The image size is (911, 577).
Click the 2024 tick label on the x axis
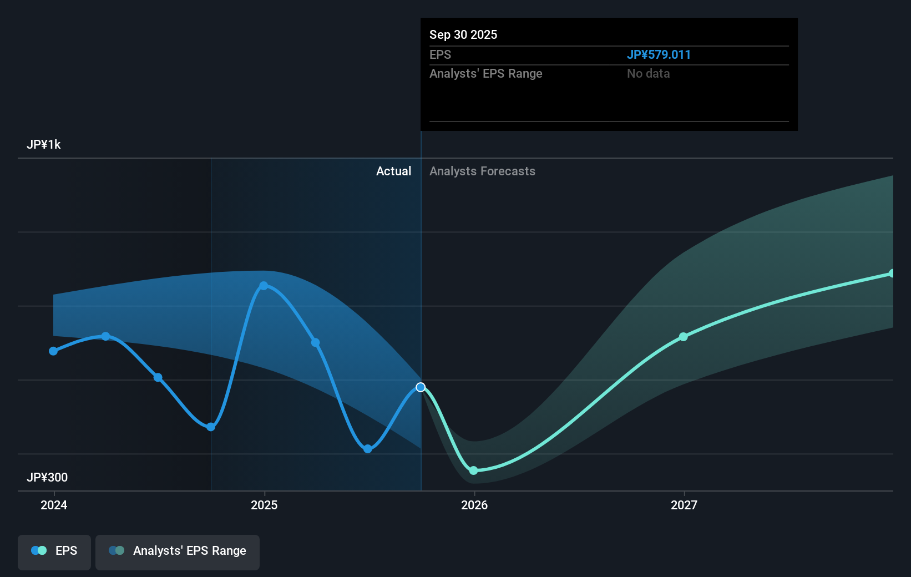[x=54, y=505]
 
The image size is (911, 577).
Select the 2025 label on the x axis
[x=264, y=505]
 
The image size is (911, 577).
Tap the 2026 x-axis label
[x=474, y=505]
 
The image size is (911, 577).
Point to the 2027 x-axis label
[x=684, y=505]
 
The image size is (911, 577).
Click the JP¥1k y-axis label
[x=44, y=145]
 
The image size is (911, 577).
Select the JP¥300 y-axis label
[x=47, y=477]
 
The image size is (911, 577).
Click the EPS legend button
[x=54, y=551]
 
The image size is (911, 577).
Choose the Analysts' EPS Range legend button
[x=178, y=551]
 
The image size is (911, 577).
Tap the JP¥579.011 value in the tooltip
[x=659, y=55]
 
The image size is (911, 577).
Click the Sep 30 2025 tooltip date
[x=463, y=35]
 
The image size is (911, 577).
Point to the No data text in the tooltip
[x=648, y=74]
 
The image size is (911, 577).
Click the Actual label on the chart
[x=393, y=171]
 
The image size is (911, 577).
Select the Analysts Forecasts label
[x=482, y=171]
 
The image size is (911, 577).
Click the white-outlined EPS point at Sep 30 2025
[x=421, y=387]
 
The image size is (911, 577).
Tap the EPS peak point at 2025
[x=264, y=286]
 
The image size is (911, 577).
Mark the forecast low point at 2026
[x=473, y=470]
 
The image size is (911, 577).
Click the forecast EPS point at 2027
[x=684, y=337]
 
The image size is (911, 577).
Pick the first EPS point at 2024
[x=53, y=351]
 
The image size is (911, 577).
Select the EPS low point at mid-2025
[x=368, y=449]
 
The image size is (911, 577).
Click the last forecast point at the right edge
[x=892, y=274]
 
